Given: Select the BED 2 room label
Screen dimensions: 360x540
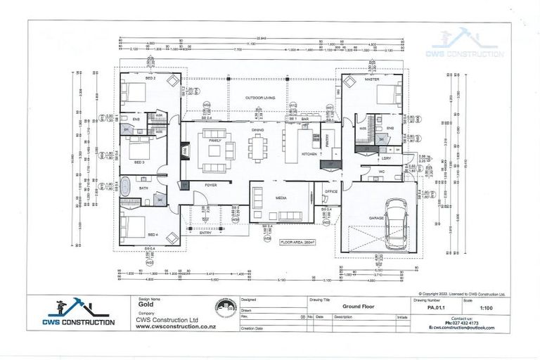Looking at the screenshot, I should coord(150,78).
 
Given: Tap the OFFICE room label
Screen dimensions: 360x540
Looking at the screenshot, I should coord(331,191).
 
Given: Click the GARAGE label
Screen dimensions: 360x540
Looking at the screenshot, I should coord(376,218).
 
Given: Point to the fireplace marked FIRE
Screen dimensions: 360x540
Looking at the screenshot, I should coord(186,150).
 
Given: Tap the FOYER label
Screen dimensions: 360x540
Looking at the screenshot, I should coord(211,185).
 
